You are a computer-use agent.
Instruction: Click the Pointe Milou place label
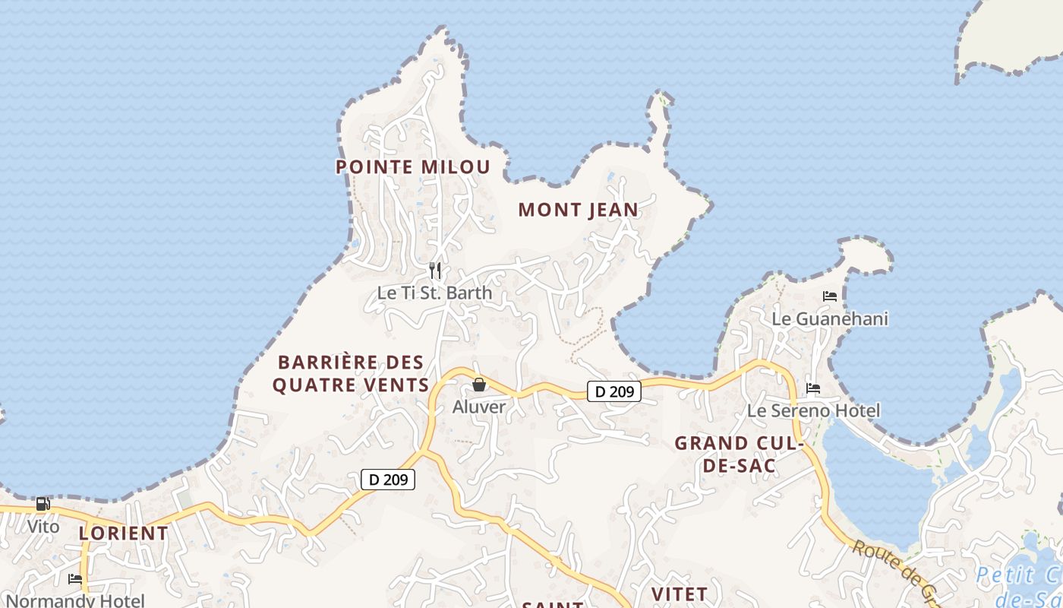[413, 167]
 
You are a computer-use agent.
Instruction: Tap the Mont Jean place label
[579, 210]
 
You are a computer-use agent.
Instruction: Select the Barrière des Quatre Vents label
[351, 373]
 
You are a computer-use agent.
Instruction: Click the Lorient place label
[124, 533]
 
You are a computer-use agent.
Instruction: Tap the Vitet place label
[680, 594]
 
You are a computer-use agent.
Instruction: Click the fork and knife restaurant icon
[435, 270]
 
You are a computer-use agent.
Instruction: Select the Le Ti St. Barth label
[434, 293]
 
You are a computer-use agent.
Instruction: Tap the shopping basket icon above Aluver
[479, 385]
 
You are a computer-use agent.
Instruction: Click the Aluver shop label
[479, 407]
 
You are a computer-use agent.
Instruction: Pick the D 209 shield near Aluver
[614, 392]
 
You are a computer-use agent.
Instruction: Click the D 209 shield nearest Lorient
[388, 480]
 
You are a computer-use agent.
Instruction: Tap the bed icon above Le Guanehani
[830, 296]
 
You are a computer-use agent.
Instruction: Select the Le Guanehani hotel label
[830, 318]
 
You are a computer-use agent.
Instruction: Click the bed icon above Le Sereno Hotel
[813, 388]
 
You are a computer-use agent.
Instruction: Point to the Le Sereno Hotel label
[814, 411]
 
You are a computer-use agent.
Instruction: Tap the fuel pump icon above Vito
[43, 503]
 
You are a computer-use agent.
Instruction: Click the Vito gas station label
[43, 526]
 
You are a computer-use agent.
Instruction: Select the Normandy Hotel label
[74, 600]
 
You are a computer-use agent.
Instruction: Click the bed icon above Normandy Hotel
[75, 578]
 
